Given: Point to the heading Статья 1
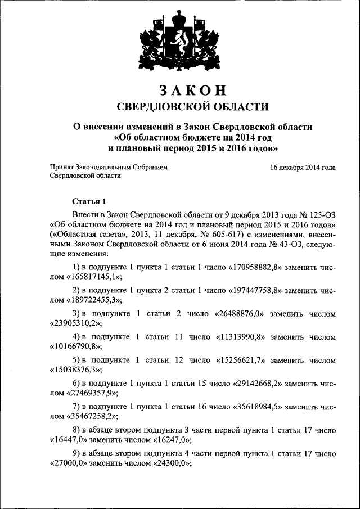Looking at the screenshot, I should (89, 201).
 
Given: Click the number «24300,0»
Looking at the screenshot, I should (170, 465).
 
